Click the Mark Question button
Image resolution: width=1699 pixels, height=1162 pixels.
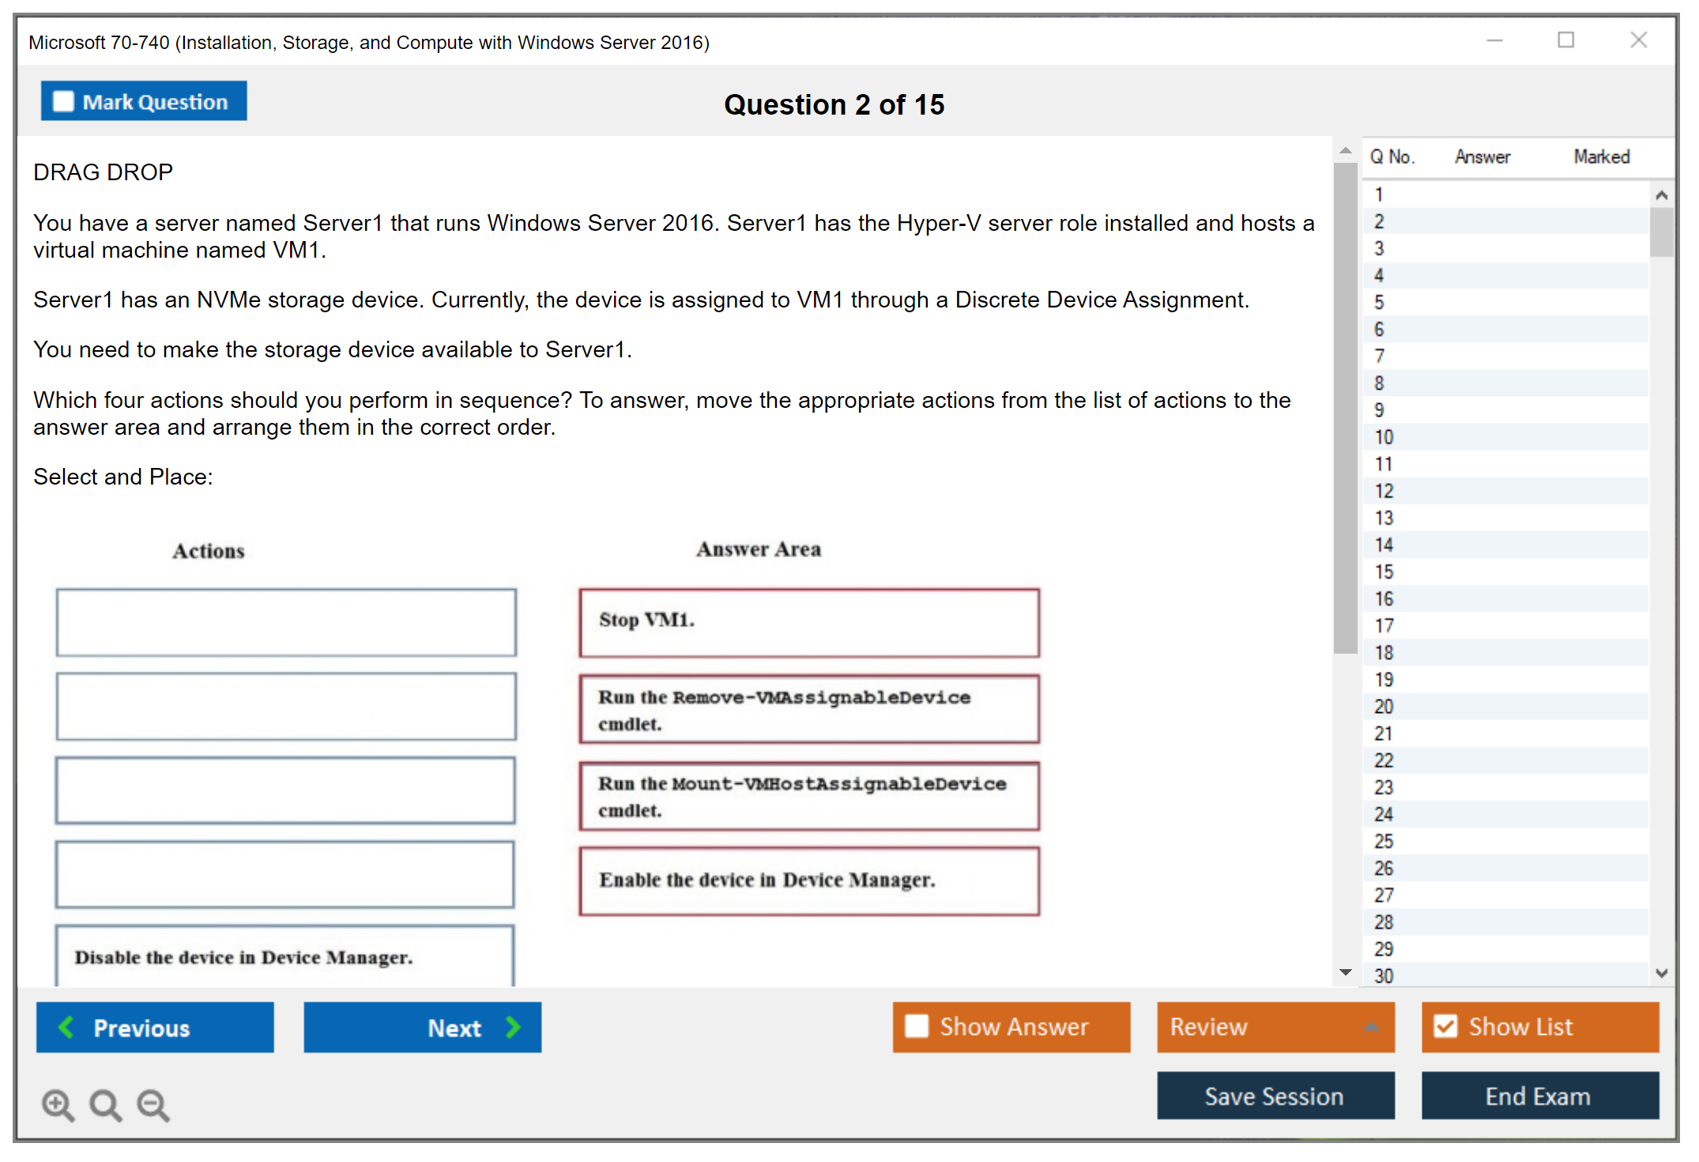coord(144,101)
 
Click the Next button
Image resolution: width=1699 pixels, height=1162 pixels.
coord(423,1027)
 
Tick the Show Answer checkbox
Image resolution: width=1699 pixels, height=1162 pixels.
coord(917,1026)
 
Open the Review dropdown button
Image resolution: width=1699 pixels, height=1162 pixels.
coord(1275,1027)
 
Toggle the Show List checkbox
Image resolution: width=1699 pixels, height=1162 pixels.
coord(1445,1026)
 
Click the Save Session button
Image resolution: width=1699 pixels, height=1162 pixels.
coord(1275,1096)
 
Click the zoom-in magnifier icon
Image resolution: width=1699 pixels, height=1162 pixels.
coord(58,1104)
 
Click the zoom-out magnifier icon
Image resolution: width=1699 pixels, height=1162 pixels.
coord(153,1104)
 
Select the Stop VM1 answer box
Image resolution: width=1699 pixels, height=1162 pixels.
coord(809,622)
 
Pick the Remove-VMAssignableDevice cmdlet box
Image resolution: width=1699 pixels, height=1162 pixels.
coord(809,709)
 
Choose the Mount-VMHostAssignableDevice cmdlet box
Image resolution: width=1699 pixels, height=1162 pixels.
coord(809,796)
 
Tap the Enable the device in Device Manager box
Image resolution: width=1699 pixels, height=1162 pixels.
coord(809,881)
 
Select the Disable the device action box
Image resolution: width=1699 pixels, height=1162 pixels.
coord(284,956)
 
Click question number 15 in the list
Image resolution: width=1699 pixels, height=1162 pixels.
coord(1384,572)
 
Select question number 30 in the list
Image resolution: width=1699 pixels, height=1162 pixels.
coord(1384,975)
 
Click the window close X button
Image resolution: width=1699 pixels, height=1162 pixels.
coord(1639,40)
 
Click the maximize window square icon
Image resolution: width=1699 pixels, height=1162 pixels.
coord(1566,40)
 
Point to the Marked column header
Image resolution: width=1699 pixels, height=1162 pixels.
coord(1602,157)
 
